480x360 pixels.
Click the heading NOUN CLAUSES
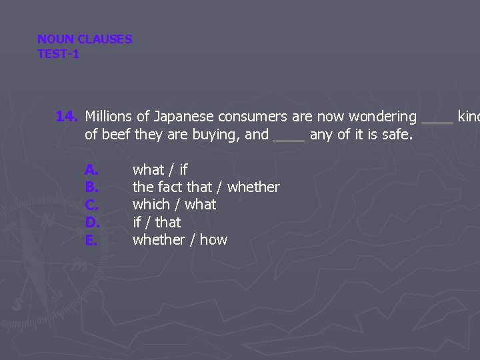point(85,39)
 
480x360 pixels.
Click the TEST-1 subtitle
point(58,54)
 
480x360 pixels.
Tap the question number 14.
point(67,117)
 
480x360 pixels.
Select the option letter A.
point(92,170)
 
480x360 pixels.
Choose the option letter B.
point(92,187)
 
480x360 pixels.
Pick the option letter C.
point(92,205)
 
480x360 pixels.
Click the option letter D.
point(92,222)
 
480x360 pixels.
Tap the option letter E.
point(91,239)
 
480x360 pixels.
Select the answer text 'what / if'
point(160,170)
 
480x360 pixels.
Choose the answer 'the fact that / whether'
point(206,187)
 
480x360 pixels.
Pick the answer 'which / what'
point(174,205)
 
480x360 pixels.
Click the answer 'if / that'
point(157,222)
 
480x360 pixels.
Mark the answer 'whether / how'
point(180,239)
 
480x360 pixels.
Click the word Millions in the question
point(109,117)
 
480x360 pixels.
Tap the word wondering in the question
point(382,117)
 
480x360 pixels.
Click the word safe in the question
point(397,135)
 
